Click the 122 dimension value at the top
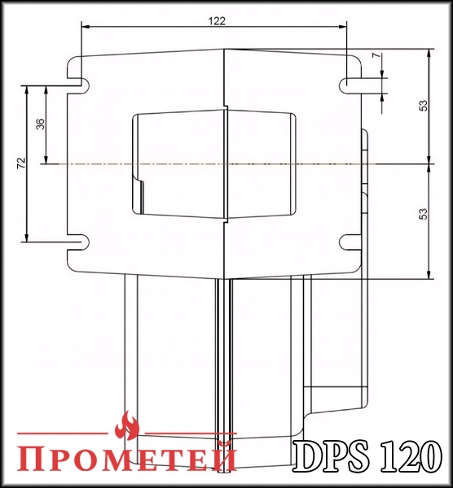(216, 20)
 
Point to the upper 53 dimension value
(423, 106)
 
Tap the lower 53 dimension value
(423, 214)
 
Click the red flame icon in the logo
(127, 425)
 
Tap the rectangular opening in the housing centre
(212, 163)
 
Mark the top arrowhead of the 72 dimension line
(28, 88)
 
